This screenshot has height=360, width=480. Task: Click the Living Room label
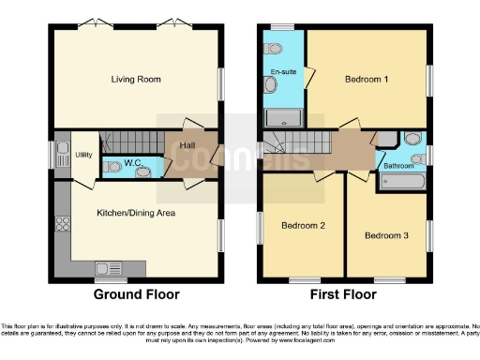pyautogui.click(x=131, y=78)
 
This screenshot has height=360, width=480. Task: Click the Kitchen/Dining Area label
pyautogui.click(x=136, y=212)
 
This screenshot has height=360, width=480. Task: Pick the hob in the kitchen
pyautogui.click(x=64, y=223)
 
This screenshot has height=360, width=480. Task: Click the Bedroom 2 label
pyautogui.click(x=304, y=225)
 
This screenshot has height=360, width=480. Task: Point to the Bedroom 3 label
pyautogui.click(x=386, y=234)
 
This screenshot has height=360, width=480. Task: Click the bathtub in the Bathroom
pyautogui.click(x=403, y=182)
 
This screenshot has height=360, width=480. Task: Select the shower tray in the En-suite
pyautogui.click(x=283, y=118)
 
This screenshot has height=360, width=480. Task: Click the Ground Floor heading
pyautogui.click(x=135, y=294)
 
